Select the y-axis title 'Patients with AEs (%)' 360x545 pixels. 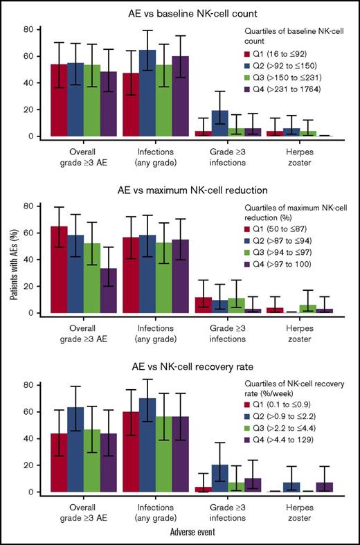click(12, 274)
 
